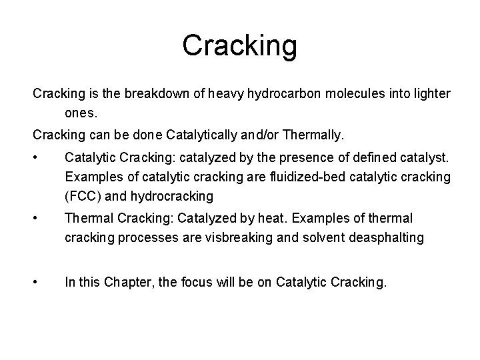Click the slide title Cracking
point(240,46)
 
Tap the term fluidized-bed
point(299,179)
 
